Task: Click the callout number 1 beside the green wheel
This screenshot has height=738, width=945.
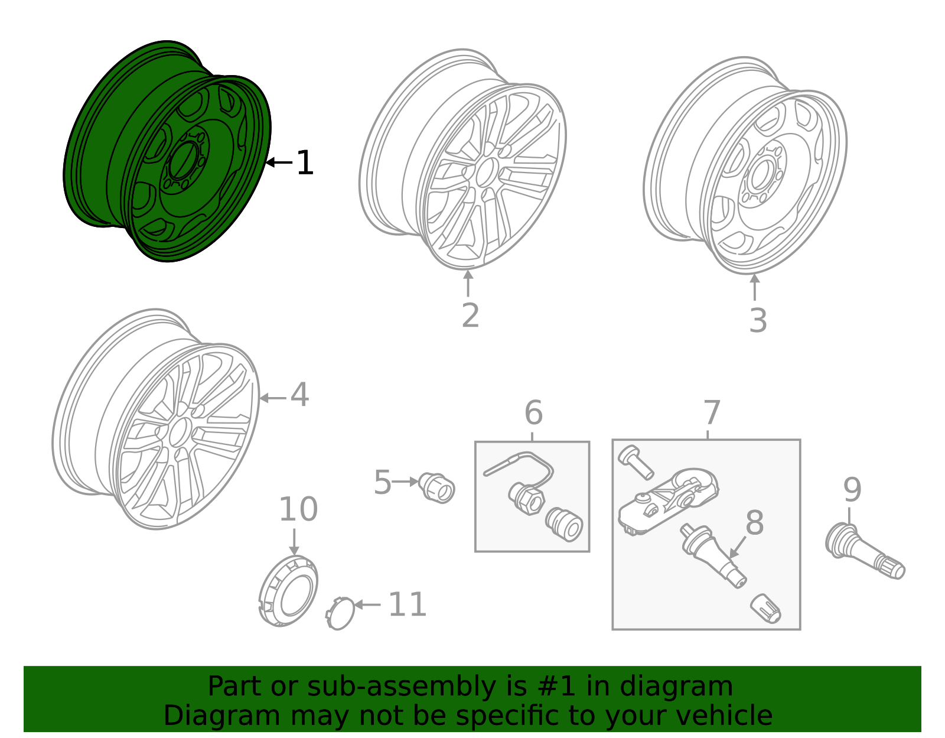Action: tap(304, 163)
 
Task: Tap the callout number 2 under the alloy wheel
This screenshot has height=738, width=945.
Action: tap(470, 316)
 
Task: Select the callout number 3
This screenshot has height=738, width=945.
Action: tap(758, 321)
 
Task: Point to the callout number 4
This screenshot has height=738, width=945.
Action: tap(299, 395)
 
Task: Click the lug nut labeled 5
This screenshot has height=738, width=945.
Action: tap(438, 487)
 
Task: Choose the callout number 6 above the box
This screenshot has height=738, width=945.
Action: tap(533, 412)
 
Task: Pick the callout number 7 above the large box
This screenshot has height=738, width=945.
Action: tap(712, 412)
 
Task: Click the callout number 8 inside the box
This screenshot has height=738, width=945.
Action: tap(754, 523)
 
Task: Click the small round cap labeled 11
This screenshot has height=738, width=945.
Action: tap(340, 613)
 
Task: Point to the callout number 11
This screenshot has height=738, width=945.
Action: tap(407, 605)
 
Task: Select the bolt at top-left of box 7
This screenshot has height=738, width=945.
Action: tap(635, 461)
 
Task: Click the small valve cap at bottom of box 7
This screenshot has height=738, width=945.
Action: tap(765, 609)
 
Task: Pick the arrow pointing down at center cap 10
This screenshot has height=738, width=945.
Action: tap(294, 541)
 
